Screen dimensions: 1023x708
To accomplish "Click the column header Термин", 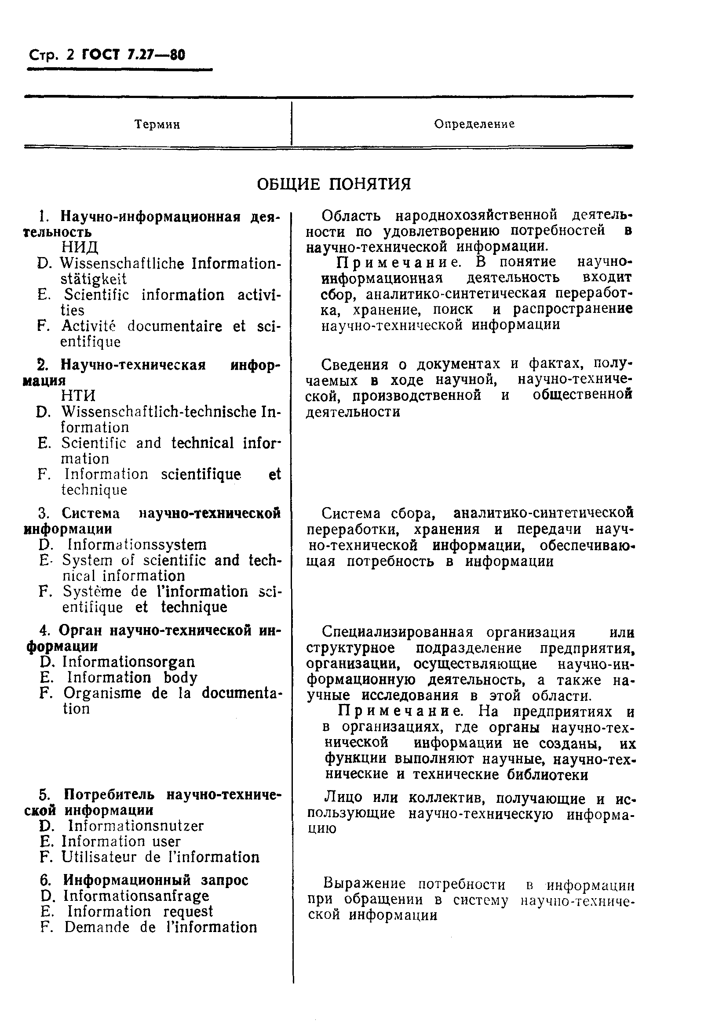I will pyautogui.click(x=157, y=124).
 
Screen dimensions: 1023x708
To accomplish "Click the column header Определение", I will pyautogui.click(x=474, y=124).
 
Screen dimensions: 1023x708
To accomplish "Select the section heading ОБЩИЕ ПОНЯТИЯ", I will pyautogui.click(x=334, y=184).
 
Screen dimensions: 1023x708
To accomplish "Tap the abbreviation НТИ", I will pyautogui.click(x=79, y=395).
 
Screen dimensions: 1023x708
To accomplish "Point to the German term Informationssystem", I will pyautogui.click(x=137, y=544).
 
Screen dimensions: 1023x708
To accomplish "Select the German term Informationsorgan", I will pyautogui.click(x=129, y=662).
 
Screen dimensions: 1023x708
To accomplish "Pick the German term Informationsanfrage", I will pyautogui.click(x=136, y=896).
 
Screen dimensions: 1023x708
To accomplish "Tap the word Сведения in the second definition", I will pyautogui.click(x=354, y=364).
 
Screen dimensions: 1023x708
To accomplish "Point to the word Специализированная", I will pyautogui.click(x=398, y=631).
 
